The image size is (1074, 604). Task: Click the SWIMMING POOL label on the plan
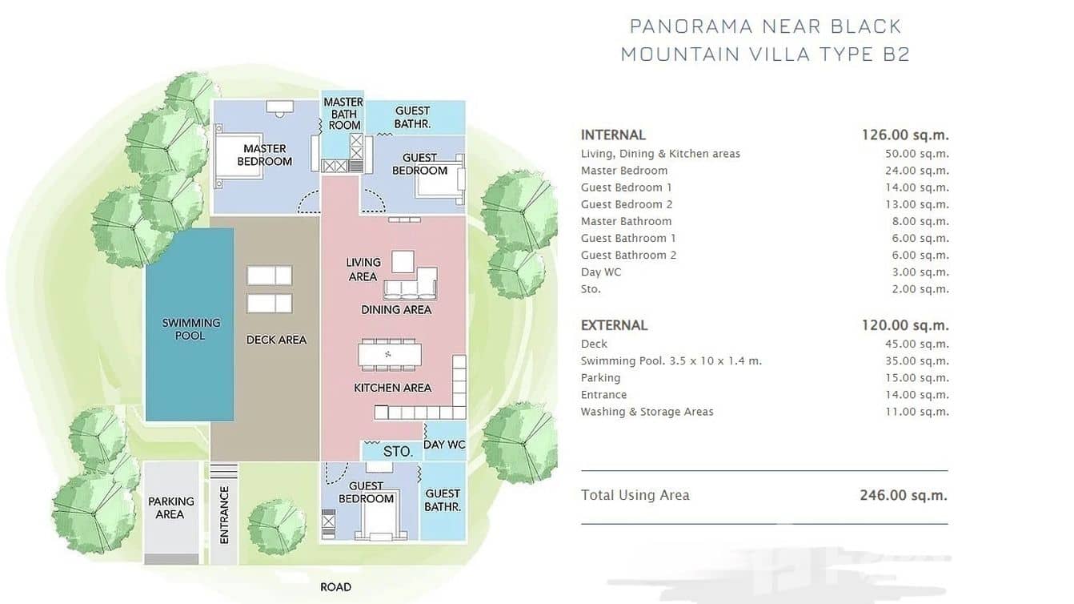point(190,329)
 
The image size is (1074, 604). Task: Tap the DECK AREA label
point(276,340)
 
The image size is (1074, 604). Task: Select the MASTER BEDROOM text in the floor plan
point(264,155)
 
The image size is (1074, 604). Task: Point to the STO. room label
point(398,451)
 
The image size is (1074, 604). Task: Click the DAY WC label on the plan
point(444,445)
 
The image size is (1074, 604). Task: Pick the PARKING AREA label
point(170,508)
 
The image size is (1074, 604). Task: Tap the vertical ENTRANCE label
point(224,515)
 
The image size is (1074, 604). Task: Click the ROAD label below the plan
point(335,586)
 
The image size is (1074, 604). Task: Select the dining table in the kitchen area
point(389,355)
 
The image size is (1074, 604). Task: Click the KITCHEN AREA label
point(393,388)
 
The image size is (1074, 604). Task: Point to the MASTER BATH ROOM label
point(343,114)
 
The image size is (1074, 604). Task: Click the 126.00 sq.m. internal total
point(905,135)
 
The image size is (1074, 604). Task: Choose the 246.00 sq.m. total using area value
point(904,495)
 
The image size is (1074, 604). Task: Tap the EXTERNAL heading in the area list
point(614,325)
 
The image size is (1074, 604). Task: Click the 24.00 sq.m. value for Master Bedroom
point(917,171)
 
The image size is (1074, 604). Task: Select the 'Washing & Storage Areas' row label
point(647,412)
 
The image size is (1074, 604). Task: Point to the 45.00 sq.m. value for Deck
point(917,344)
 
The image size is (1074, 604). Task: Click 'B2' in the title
point(896,54)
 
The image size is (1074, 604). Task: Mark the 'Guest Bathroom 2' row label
point(628,256)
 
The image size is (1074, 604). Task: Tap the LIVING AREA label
point(363,269)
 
